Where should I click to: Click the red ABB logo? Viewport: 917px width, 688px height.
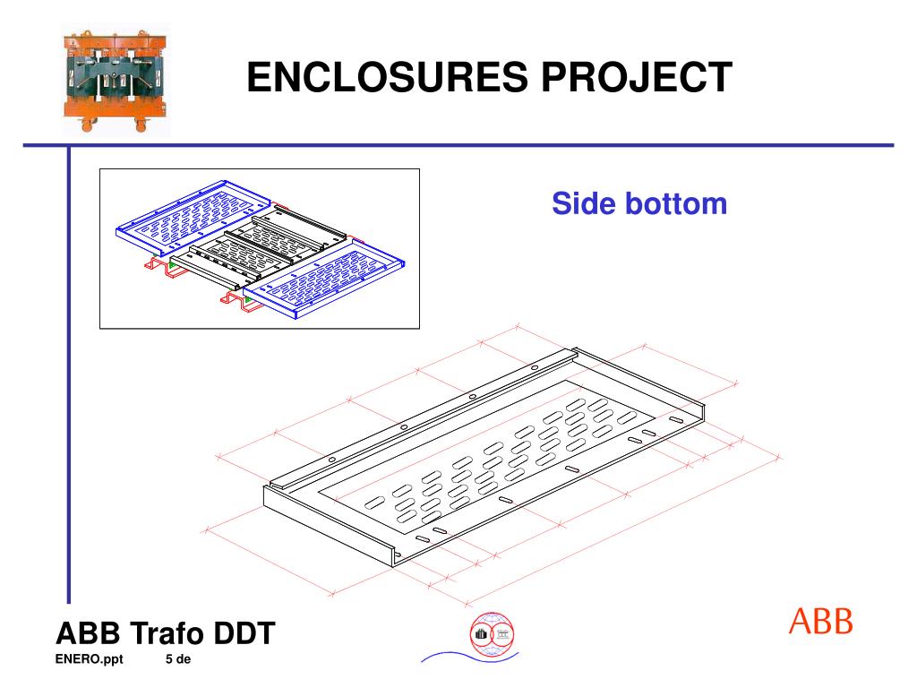[x=820, y=621]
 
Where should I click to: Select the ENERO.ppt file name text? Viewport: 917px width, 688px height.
[x=90, y=661]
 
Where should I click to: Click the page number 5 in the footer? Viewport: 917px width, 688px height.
[x=169, y=661]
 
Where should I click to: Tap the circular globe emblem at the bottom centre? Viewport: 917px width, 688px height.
[x=492, y=635]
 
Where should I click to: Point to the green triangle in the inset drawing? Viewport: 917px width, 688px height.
[x=170, y=266]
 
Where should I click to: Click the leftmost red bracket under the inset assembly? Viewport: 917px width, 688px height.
[x=155, y=266]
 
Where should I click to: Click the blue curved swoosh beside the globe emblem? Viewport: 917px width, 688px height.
[x=448, y=657]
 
